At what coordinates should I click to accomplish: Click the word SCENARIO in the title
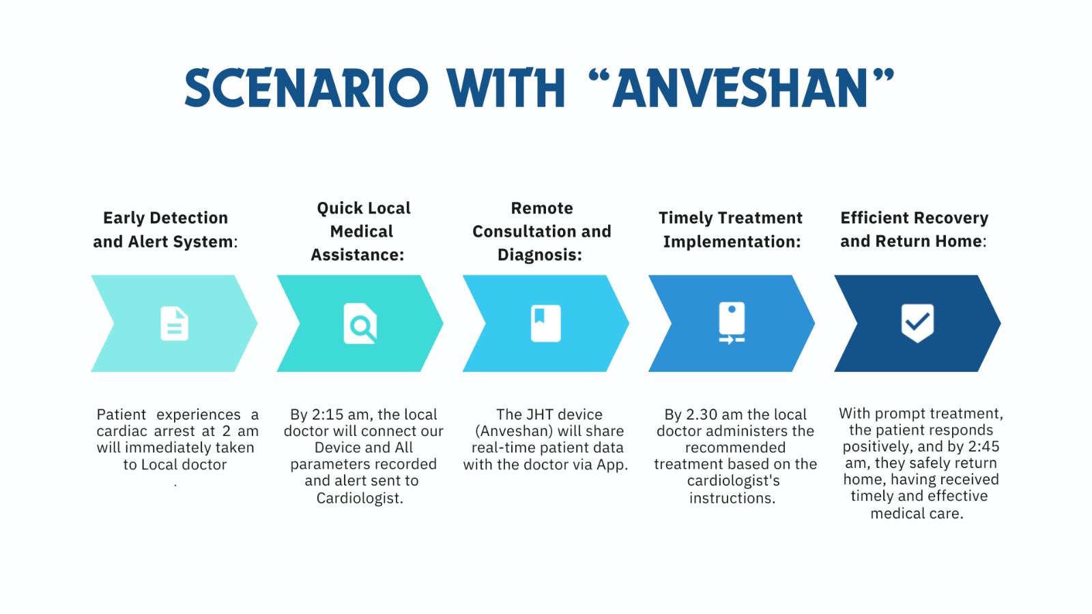(x=306, y=88)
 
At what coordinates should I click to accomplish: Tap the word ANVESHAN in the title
(x=741, y=88)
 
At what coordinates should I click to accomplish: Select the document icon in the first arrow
(x=175, y=323)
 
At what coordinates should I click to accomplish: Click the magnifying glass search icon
(x=360, y=323)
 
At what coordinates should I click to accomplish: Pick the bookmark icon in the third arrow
(x=545, y=323)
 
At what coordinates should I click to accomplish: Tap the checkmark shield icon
(x=917, y=323)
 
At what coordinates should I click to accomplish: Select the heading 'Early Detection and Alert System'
(x=165, y=229)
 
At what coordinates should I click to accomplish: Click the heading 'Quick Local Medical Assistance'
(x=361, y=231)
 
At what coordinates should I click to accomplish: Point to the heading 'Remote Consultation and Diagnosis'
(x=542, y=231)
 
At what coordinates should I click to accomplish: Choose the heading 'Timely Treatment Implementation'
(x=730, y=229)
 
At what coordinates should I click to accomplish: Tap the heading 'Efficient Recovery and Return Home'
(x=914, y=229)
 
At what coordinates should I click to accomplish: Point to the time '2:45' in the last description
(x=983, y=447)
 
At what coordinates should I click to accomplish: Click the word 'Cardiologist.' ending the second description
(x=360, y=498)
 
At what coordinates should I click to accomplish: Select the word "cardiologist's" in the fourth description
(x=733, y=481)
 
